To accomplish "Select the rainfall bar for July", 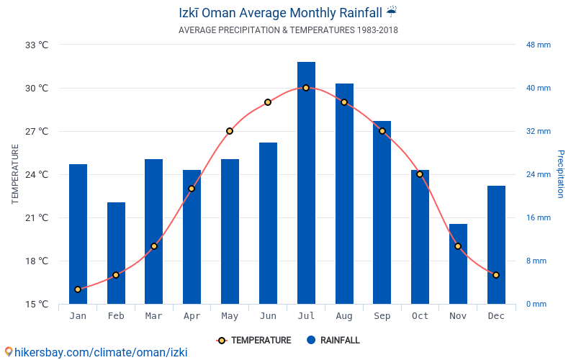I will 306,183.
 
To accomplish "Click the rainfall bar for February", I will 116,253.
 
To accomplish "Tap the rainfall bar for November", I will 458,264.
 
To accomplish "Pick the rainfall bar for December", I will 496,245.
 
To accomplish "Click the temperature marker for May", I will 230,131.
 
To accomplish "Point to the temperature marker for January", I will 78,289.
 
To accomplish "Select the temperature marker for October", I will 420,174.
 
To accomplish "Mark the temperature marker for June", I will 268,102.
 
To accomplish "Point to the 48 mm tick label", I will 538,45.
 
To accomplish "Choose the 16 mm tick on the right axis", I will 538,217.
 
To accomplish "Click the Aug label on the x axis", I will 344,316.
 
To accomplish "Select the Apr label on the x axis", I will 192,316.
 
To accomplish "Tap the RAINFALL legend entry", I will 333,340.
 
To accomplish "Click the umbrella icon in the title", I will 391,12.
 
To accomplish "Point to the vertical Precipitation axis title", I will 561,174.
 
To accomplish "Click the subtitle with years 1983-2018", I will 288,30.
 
